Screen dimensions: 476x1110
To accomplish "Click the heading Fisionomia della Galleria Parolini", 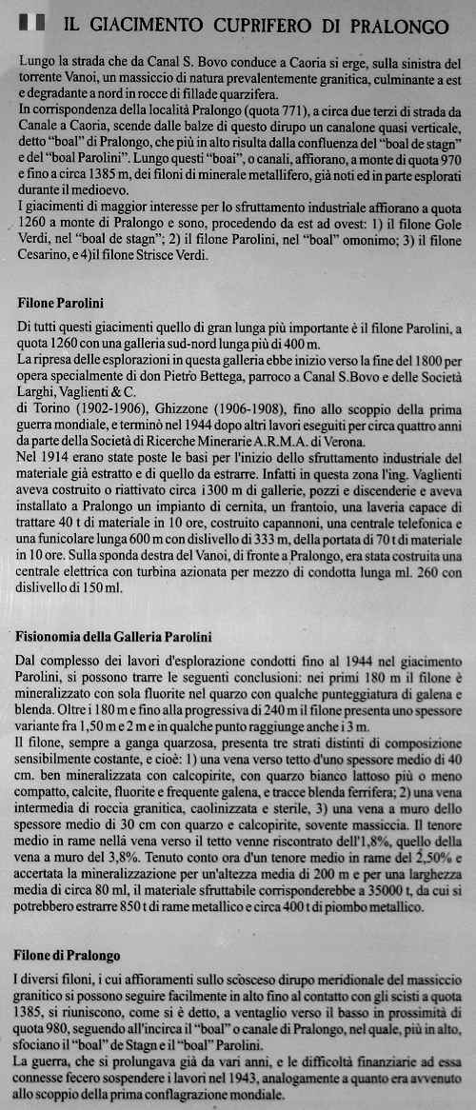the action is point(115,636).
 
